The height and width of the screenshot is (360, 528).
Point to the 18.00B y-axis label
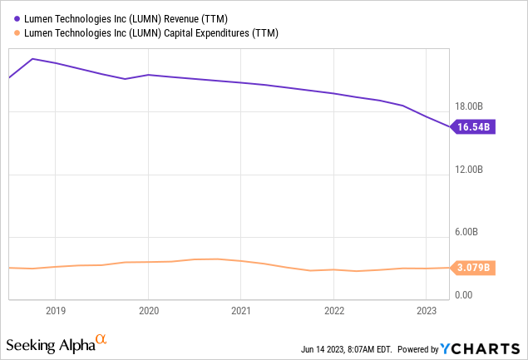point(468,106)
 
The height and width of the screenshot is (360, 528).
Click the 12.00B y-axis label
point(468,170)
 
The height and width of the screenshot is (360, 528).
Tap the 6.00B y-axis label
point(471,233)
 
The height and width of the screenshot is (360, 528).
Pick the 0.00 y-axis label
point(464,295)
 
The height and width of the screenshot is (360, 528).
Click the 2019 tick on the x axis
point(55,310)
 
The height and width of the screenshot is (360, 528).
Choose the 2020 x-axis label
point(148,310)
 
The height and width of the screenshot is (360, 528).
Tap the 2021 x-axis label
point(240,310)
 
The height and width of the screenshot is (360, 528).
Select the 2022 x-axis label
point(333,310)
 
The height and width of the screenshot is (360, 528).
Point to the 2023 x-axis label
point(426,310)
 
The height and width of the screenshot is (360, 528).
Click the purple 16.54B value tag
point(473,127)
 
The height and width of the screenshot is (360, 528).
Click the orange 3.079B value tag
point(473,268)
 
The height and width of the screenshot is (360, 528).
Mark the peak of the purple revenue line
point(32,59)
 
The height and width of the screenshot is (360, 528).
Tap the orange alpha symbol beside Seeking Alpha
point(101,339)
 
